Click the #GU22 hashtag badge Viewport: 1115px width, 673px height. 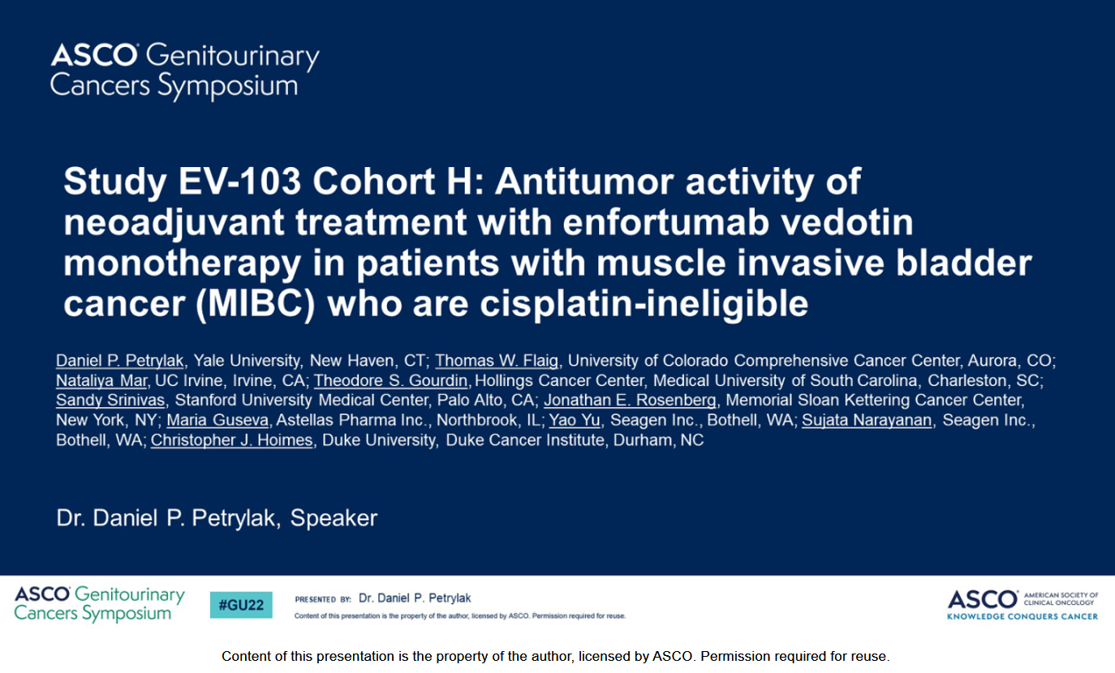(x=241, y=605)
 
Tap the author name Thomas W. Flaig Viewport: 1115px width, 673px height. (x=497, y=361)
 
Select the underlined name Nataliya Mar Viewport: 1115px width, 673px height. (x=101, y=380)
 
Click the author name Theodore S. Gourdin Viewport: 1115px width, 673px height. (x=390, y=380)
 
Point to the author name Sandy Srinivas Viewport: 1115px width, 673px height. (x=110, y=400)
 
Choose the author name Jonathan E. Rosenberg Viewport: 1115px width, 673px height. (x=630, y=400)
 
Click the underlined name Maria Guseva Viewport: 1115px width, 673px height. (x=217, y=420)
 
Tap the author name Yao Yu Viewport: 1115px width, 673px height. (x=574, y=420)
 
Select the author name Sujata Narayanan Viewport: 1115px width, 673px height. (x=867, y=420)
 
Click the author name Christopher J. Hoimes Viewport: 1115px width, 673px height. (x=231, y=439)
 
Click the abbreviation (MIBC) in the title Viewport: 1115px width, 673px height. (x=256, y=304)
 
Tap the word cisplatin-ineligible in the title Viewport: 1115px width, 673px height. (x=644, y=304)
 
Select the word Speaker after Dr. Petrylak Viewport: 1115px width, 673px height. (x=334, y=518)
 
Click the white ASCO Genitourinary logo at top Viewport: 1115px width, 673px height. (x=184, y=71)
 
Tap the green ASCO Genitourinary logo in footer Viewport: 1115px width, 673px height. (x=99, y=604)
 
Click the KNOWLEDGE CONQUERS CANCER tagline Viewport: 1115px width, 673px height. (x=1022, y=617)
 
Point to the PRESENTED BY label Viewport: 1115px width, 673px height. (x=323, y=599)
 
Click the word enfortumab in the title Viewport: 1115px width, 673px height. (x=666, y=222)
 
